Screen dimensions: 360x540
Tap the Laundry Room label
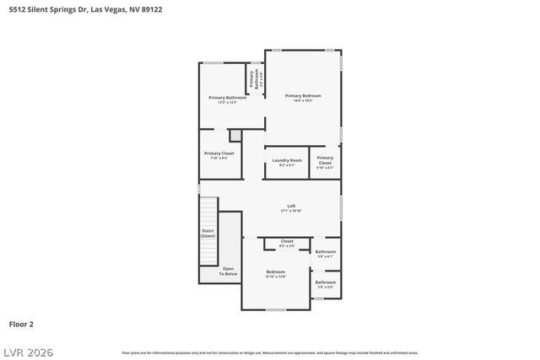(287, 162)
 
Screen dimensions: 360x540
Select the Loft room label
(291, 208)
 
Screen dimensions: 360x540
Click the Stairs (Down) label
(208, 233)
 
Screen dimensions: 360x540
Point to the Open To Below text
(229, 271)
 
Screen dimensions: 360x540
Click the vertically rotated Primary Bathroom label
(251, 78)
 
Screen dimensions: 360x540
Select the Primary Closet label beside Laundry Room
(325, 162)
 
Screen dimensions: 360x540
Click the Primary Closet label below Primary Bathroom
(219, 155)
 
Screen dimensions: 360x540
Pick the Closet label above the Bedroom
(287, 243)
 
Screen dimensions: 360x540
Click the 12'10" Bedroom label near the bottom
(276, 273)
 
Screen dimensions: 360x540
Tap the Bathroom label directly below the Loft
(326, 253)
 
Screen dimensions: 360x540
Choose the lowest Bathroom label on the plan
(326, 284)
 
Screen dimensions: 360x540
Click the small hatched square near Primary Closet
(235, 135)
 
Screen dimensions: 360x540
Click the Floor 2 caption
(21, 323)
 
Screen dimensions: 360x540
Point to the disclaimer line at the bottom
(269, 352)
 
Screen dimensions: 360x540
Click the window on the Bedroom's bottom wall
(276, 309)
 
